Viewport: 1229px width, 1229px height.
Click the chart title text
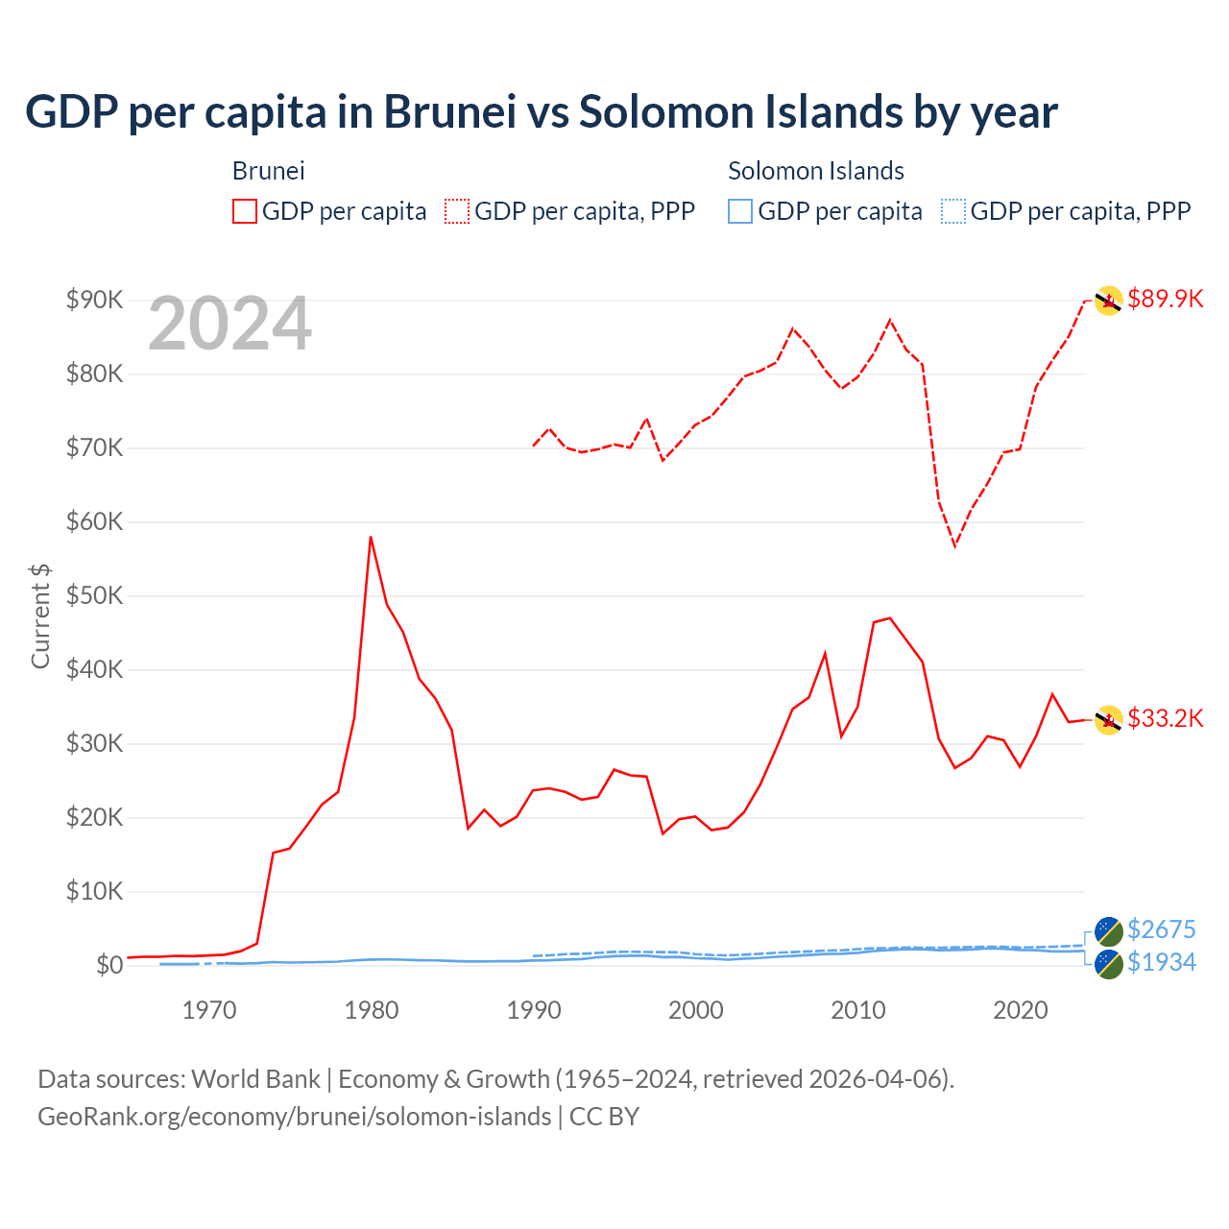541,112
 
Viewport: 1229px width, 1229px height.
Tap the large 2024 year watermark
229,324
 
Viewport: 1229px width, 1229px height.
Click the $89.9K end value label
1165,300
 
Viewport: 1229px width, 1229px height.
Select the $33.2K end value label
1165,719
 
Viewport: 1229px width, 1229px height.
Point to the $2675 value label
1161,929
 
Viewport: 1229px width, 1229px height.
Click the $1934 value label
1161,962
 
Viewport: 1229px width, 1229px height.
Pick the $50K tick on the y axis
94,596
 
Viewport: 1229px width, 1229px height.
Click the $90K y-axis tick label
94,301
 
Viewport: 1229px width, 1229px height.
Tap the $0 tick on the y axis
108,966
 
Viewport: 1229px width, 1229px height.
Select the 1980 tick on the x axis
372,1010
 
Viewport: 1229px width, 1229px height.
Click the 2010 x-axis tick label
857,1010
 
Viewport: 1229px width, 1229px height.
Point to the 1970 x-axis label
209,1010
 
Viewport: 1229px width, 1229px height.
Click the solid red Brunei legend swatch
245,211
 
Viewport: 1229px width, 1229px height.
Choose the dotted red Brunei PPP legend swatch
457,211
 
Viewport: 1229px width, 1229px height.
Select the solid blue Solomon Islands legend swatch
740,211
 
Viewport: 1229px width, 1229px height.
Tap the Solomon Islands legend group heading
815,171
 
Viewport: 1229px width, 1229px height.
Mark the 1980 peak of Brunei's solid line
371,538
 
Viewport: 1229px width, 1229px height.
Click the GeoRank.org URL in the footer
294,1117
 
